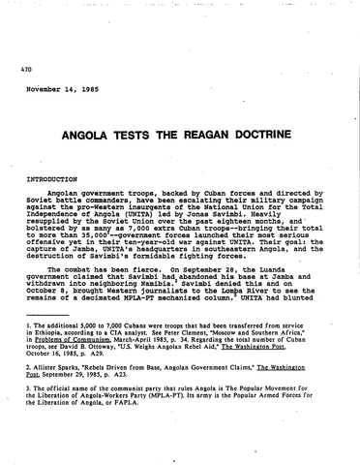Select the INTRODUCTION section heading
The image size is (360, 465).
coord(48,180)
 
